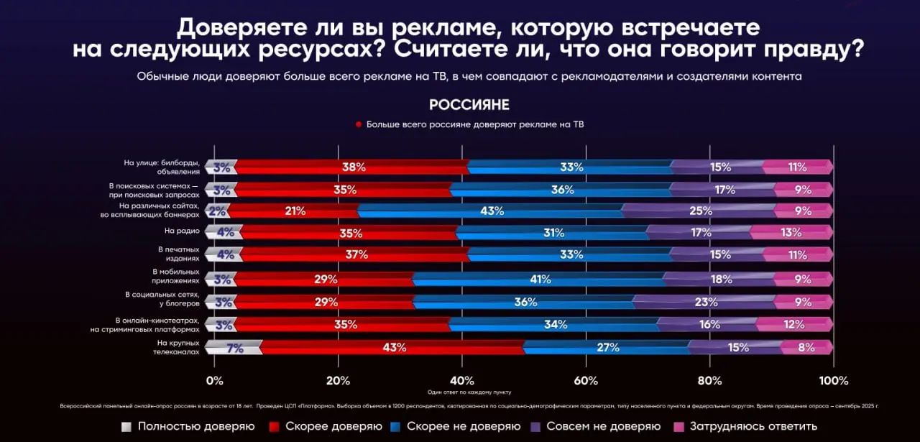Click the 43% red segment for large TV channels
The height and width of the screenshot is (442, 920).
[394, 348]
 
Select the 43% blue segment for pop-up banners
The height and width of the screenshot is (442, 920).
[491, 211]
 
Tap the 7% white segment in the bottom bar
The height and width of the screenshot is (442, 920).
[234, 348]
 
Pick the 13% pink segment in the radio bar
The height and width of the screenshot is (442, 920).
[791, 232]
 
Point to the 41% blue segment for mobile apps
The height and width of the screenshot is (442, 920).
[538, 280]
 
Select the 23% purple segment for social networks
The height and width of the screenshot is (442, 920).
[704, 302]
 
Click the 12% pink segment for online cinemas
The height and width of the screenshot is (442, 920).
[793, 324]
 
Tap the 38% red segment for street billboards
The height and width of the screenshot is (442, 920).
[353, 167]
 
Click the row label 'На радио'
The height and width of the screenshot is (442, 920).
[182, 231]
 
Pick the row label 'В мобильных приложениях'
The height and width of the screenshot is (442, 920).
[175, 276]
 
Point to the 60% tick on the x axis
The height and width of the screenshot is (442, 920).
[586, 380]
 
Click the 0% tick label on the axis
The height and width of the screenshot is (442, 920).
[214, 380]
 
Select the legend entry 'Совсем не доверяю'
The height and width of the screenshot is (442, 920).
[603, 426]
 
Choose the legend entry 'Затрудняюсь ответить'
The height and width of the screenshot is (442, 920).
[753, 426]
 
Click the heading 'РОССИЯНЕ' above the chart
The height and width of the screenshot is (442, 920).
[469, 105]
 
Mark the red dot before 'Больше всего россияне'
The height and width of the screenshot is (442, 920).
[358, 124]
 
